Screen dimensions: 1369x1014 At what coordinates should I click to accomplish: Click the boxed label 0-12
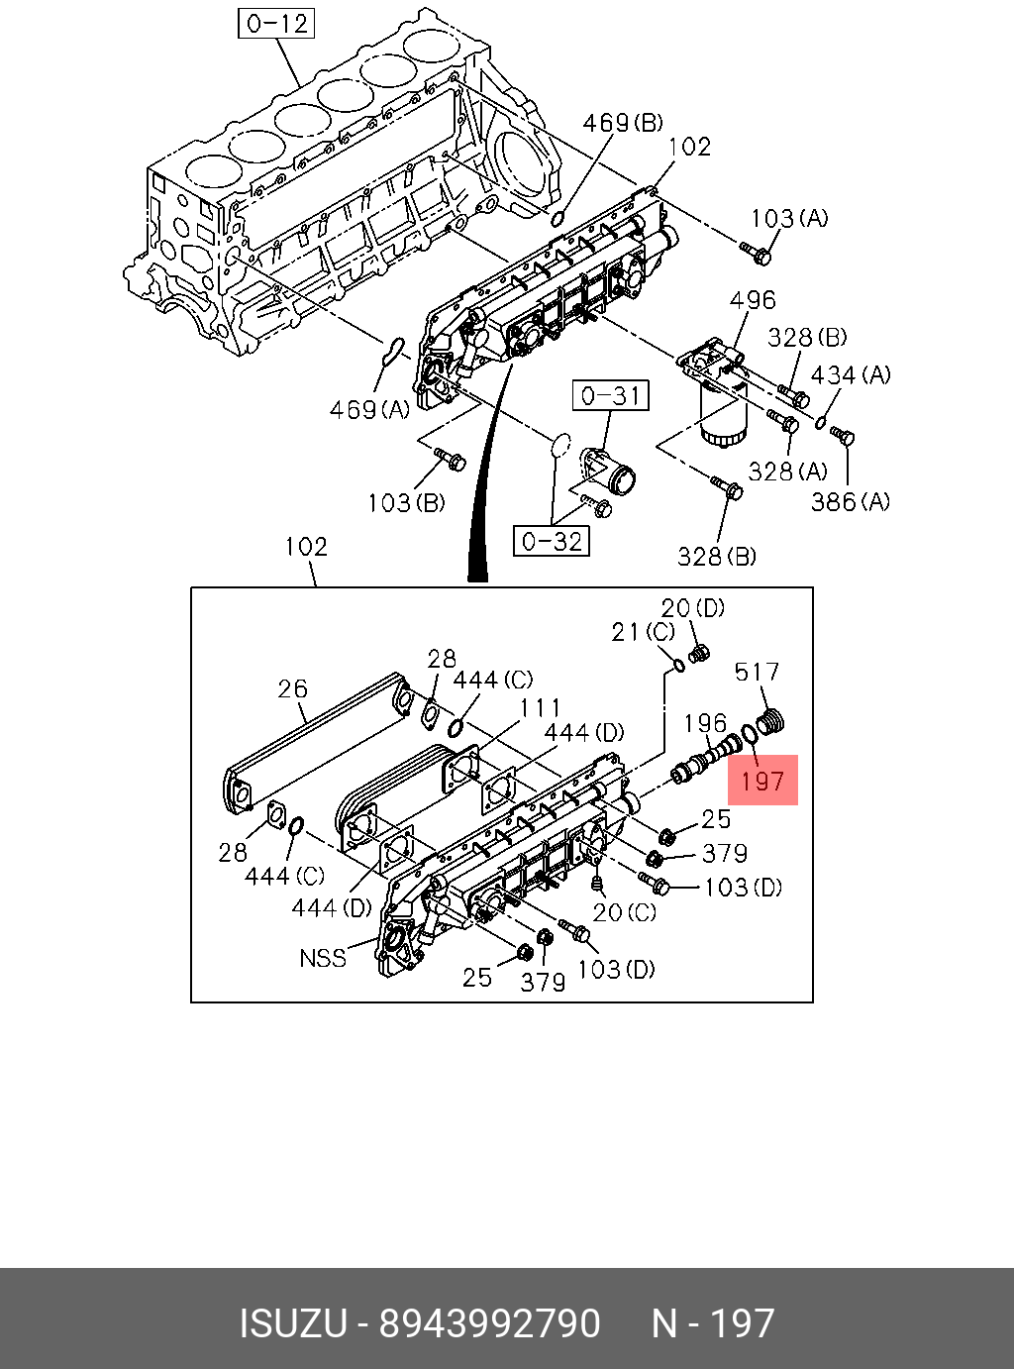click(x=276, y=23)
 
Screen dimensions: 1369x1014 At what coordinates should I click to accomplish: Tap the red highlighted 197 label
click(x=762, y=780)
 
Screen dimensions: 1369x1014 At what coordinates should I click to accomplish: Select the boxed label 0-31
click(x=611, y=396)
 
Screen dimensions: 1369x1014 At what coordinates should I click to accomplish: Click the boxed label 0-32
click(x=551, y=541)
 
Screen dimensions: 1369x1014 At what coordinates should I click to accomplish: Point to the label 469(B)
click(x=622, y=123)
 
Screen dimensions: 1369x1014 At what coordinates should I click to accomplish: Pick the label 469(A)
click(x=369, y=410)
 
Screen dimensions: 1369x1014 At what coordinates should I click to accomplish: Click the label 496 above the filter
click(x=753, y=300)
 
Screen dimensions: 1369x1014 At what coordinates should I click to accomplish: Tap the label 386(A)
click(x=850, y=502)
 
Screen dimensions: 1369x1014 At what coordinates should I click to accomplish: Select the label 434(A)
click(x=850, y=375)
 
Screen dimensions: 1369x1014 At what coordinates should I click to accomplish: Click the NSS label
click(x=323, y=958)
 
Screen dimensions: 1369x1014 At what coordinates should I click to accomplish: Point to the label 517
click(x=757, y=673)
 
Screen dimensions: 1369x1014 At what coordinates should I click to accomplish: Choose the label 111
click(x=541, y=707)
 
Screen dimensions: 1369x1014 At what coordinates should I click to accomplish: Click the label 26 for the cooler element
click(x=292, y=688)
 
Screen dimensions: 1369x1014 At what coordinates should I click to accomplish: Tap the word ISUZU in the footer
click(x=292, y=1323)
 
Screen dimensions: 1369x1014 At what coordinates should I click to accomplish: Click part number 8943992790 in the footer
click(x=490, y=1323)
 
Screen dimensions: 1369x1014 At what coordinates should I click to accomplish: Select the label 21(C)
click(x=643, y=632)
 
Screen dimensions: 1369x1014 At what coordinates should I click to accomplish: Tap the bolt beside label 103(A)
click(x=757, y=254)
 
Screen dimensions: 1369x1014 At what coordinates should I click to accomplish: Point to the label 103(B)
click(x=406, y=503)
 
